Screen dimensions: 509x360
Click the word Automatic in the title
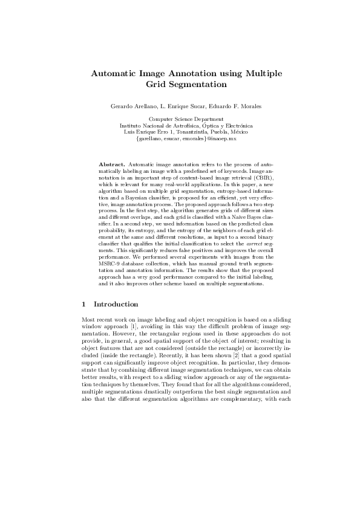[x=116, y=74]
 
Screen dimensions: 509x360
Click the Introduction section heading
[x=116, y=304]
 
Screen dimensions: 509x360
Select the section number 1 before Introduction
[x=83, y=304]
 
